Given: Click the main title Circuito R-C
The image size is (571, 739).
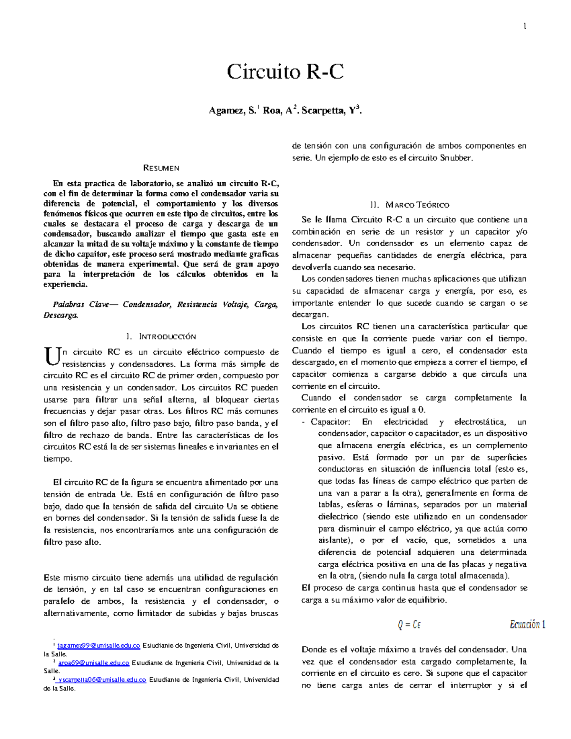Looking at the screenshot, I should [x=285, y=72].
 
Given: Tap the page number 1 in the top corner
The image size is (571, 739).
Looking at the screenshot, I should [x=524, y=27].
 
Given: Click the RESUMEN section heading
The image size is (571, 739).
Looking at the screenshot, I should [x=161, y=168].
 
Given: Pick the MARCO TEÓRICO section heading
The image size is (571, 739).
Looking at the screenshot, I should [x=417, y=205].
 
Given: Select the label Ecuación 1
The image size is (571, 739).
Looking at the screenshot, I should [x=527, y=624].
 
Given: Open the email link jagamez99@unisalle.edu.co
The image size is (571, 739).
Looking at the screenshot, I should [x=98, y=646].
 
